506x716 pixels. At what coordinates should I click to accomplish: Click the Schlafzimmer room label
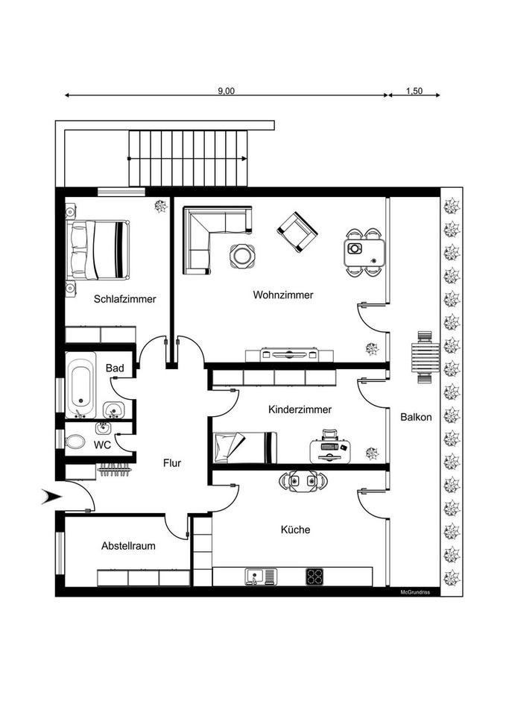pos(124,299)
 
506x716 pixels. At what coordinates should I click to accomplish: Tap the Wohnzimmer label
pos(282,295)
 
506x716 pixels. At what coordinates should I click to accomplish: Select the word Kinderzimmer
pos(299,409)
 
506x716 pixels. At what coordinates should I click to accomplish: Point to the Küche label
pos(295,530)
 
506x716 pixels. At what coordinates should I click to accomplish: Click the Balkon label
pos(415,417)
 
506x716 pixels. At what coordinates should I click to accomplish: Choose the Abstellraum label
pos(128,546)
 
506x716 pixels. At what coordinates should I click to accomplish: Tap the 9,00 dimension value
pos(226,90)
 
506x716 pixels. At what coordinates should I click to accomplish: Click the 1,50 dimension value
pos(414,90)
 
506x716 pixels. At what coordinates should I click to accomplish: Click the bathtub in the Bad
pos(80,386)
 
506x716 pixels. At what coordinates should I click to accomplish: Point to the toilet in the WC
pos(75,442)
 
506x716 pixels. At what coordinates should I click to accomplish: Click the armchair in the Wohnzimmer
pos(297,231)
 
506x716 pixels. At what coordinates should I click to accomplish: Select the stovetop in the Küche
pos(314,577)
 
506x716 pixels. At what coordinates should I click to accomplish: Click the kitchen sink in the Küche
pos(259,577)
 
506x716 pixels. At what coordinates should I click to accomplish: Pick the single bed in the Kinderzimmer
pos(244,447)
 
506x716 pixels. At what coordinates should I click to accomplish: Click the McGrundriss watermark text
pos(416,592)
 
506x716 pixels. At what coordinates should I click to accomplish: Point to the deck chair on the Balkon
pos(424,357)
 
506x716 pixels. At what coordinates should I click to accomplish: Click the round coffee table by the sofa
pos(242,256)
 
